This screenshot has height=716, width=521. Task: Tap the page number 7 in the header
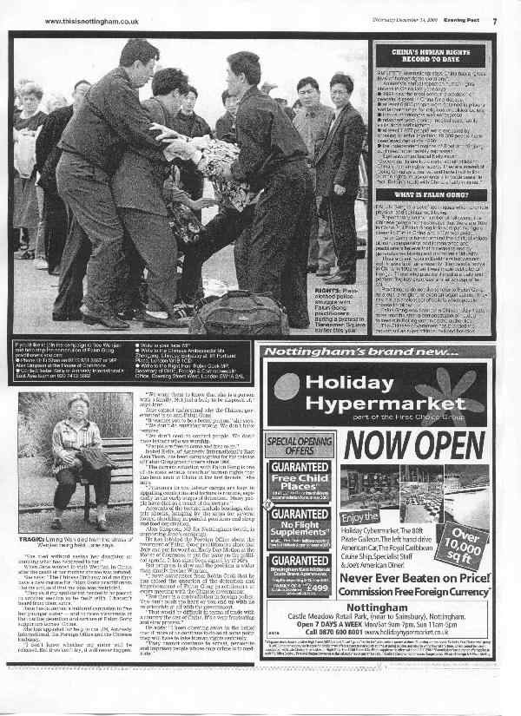[x=494, y=21]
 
